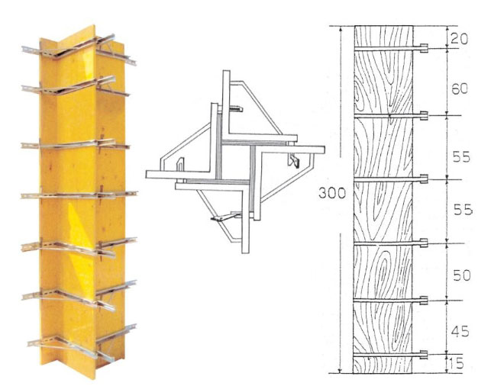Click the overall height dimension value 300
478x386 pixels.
pos(332,192)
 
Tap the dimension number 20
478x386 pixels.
pos(459,39)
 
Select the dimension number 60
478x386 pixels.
pos(460,89)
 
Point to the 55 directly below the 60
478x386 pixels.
pos(461,157)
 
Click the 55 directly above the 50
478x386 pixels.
pos(463,210)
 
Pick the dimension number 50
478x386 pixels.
pos(462,275)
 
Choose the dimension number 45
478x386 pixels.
pos(460,332)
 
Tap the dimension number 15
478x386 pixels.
pos(457,364)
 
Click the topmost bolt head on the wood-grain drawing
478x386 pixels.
pos(424,48)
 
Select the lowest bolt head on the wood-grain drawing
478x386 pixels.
pos(424,354)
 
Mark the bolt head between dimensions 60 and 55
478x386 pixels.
pos(424,115)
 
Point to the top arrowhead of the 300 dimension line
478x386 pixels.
pos(341,28)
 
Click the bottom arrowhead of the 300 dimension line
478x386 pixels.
pos(341,371)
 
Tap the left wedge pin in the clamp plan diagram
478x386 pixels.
pos(181,165)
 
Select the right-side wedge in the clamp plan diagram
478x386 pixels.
pos(293,161)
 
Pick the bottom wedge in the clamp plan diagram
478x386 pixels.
pos(224,217)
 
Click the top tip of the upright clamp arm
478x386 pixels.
pos(226,71)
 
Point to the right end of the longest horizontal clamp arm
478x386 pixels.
pos(324,150)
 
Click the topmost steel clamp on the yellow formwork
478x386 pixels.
pos(79,50)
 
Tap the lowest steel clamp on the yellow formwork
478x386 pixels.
pos(82,343)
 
